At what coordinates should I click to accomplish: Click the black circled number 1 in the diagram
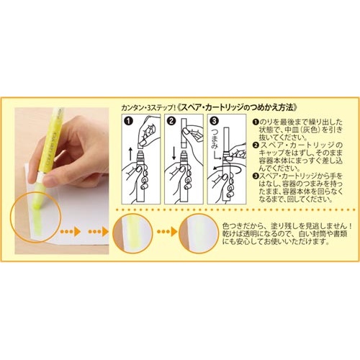point(129,120)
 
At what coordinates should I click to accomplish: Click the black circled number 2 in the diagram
point(171,120)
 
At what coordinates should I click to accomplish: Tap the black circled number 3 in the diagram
point(214,120)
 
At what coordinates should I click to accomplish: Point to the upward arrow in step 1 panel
point(130,154)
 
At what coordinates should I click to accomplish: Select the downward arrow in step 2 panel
point(174,154)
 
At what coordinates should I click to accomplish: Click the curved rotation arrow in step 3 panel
point(227,168)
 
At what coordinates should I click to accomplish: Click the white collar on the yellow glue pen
point(40,177)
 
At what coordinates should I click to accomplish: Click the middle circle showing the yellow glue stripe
point(132,233)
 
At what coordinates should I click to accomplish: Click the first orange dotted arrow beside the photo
point(70,232)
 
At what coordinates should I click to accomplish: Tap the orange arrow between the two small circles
point(166,232)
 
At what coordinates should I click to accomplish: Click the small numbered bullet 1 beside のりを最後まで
point(256,122)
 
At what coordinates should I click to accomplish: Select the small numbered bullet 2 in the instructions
point(256,145)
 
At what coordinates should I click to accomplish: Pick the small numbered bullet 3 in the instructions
point(256,176)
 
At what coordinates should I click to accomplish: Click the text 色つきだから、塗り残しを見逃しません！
point(287,226)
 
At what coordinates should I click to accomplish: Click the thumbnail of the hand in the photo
point(49,180)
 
